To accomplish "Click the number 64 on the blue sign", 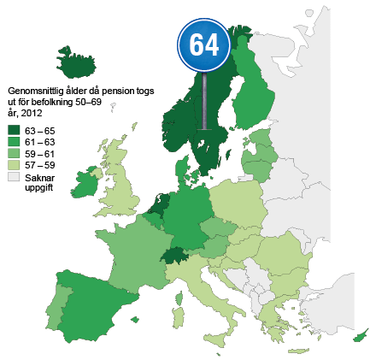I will tap(204, 44).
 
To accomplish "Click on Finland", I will tap(255, 94).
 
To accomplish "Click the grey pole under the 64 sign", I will tap(204, 103).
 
